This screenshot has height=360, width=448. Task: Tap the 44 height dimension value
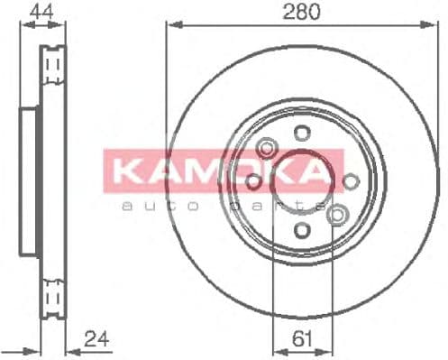(x=40, y=12)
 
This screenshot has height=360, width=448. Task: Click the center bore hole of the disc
(x=300, y=180)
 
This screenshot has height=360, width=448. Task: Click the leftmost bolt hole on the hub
(x=254, y=181)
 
